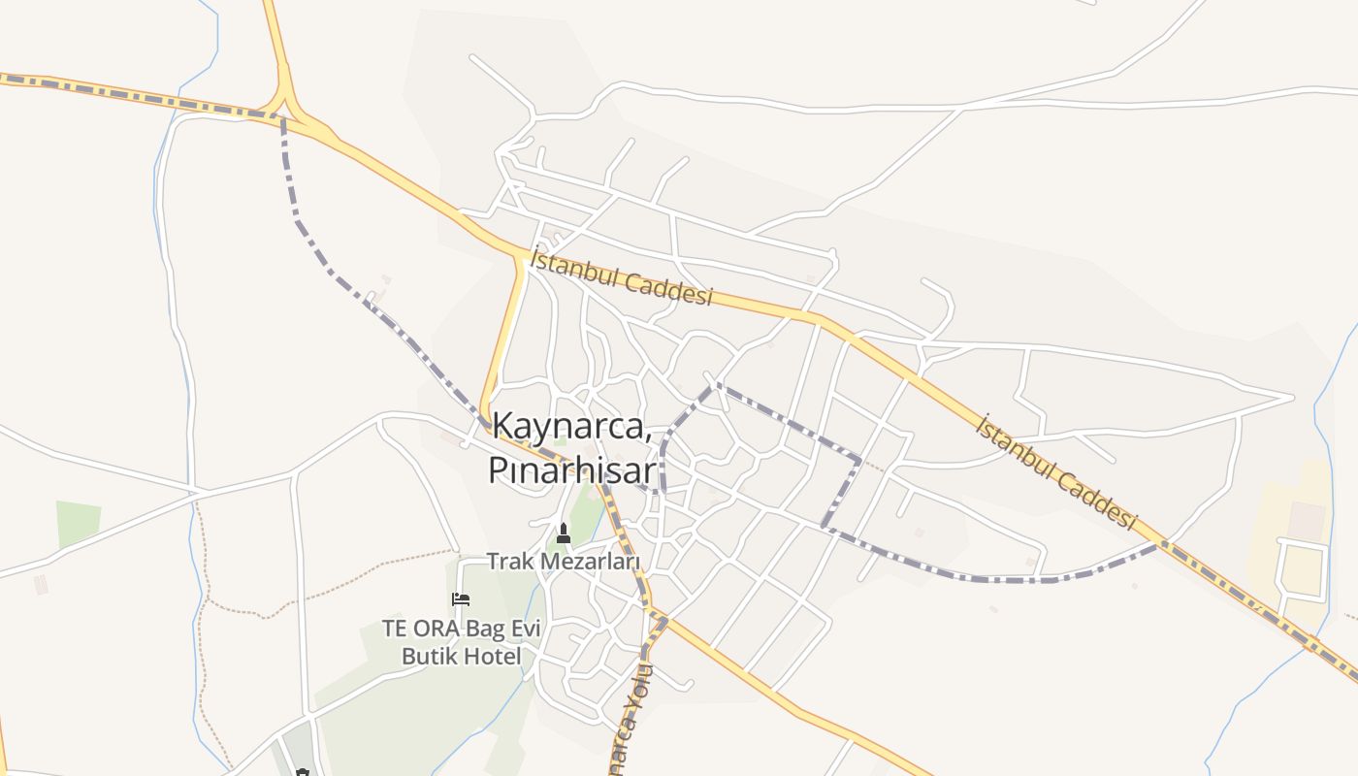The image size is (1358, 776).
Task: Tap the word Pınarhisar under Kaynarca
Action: (x=572, y=470)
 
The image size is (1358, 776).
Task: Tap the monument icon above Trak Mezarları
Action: (x=563, y=533)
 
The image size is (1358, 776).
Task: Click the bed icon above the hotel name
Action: (x=461, y=599)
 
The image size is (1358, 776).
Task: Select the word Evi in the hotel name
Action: (x=523, y=629)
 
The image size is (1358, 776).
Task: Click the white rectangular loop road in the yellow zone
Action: (x=1303, y=567)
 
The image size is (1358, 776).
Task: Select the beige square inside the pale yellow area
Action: (x=1308, y=521)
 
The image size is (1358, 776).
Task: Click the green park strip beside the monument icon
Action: (x=585, y=514)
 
